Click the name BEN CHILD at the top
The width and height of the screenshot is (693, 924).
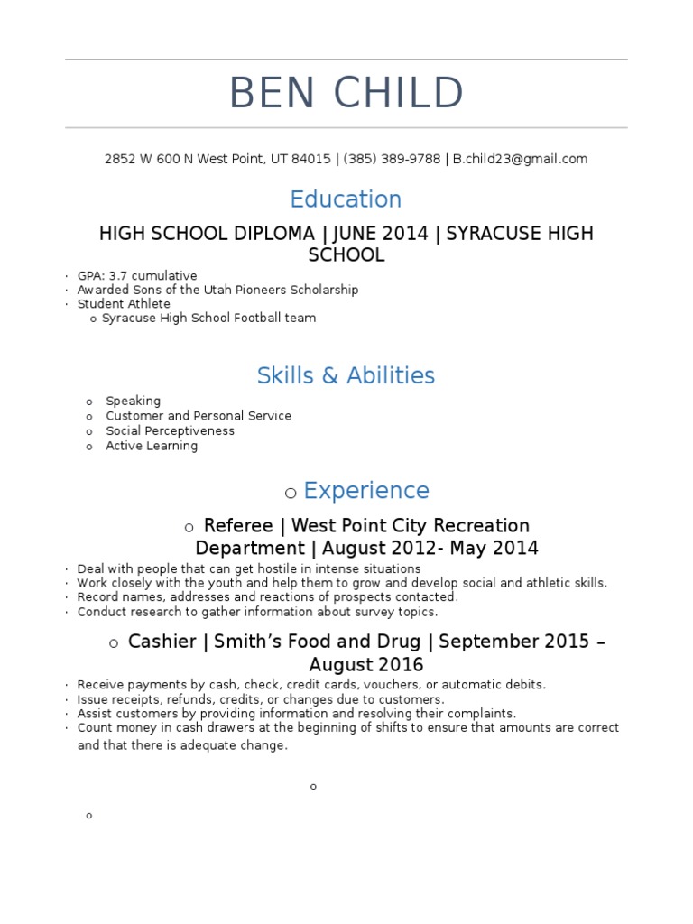346,94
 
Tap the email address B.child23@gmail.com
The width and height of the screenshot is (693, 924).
520,159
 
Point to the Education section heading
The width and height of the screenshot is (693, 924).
346,199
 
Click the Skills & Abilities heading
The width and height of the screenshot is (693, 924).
346,375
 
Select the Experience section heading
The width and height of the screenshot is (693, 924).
365,491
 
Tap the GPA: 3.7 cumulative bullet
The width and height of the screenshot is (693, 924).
137,275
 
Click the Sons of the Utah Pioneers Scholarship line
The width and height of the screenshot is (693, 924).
217,290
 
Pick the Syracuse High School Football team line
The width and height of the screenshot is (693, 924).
208,318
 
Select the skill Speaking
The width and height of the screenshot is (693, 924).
133,401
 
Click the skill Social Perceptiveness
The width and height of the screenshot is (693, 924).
170,430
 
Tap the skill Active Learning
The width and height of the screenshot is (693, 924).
152,446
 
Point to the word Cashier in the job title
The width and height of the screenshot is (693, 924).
162,642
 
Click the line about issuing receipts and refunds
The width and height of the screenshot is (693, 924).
260,699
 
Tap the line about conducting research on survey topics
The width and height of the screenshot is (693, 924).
257,612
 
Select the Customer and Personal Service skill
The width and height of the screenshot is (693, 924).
199,416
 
